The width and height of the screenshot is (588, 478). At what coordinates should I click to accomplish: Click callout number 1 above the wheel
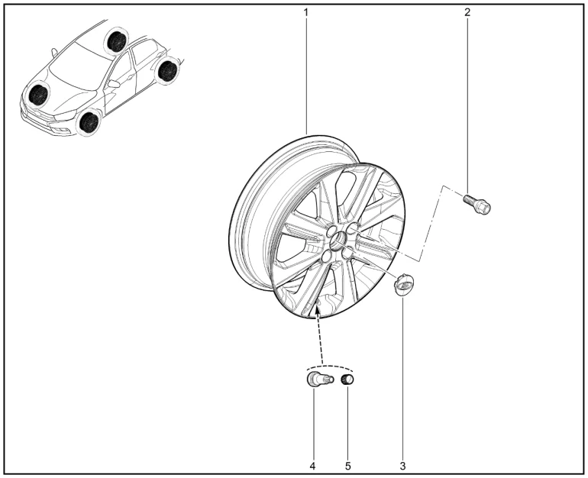[x=305, y=12]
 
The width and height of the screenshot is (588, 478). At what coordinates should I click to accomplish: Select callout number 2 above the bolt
[x=467, y=12]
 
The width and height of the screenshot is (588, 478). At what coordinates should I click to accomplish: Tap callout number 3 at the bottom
[x=402, y=466]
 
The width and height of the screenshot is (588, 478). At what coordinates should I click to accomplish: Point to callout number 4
[x=313, y=466]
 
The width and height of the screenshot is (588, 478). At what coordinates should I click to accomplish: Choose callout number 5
[x=348, y=466]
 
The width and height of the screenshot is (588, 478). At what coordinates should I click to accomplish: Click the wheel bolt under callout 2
[x=477, y=205]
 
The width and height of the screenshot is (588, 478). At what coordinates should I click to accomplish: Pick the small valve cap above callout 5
[x=347, y=379]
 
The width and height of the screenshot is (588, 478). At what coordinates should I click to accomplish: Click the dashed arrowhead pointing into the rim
[x=317, y=309]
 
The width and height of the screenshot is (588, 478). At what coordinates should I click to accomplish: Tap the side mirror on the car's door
[x=113, y=83]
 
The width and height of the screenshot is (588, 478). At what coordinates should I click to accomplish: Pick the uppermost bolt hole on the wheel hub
[x=353, y=228]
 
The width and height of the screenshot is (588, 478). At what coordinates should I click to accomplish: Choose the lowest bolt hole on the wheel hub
[x=327, y=257]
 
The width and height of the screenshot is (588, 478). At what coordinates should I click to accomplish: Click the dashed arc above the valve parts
[x=329, y=366]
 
